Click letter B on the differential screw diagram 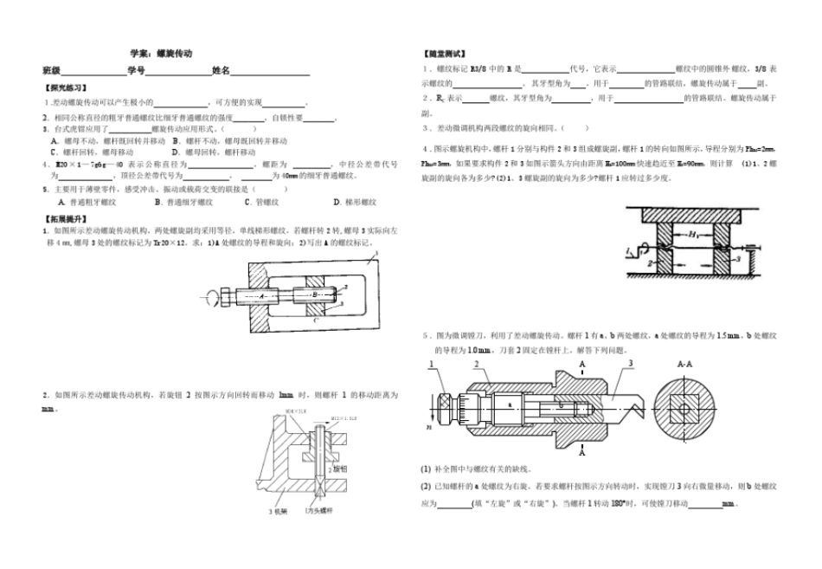coord(315,294)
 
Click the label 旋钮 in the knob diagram coord(339,468)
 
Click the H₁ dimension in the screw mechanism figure coord(693,234)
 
